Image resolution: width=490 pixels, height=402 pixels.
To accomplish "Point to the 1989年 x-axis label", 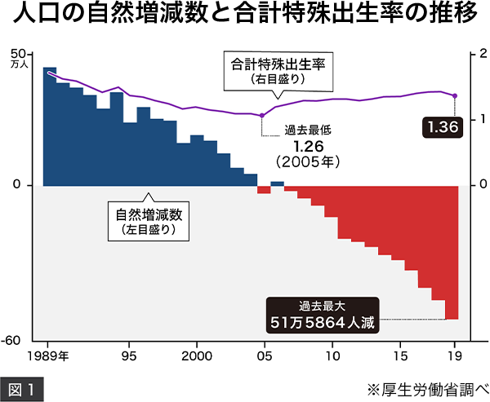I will point(48,356).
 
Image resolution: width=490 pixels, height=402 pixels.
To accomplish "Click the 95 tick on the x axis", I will point(128,356).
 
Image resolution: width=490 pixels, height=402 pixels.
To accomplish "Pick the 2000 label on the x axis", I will point(197,356).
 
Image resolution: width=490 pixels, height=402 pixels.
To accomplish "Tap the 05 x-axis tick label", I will point(264,356).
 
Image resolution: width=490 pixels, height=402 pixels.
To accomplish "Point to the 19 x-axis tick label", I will point(455,356).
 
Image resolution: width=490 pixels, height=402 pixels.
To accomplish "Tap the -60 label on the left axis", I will point(20,340).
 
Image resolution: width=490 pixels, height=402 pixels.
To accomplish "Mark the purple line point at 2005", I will point(262,116).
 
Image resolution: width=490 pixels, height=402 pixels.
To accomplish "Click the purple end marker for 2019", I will point(455,96).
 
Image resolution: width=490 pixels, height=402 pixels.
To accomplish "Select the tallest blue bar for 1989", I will point(50,126).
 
